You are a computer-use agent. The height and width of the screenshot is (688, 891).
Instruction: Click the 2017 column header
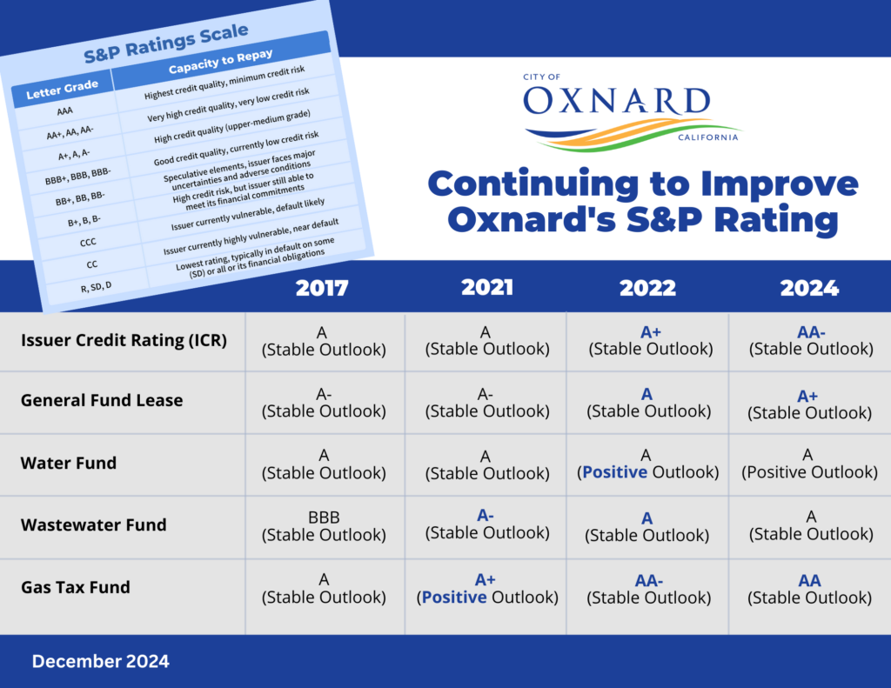tap(322, 288)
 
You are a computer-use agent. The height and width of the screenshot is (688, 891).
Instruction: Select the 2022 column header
tap(647, 288)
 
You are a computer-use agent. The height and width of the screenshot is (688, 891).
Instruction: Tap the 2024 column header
tap(809, 288)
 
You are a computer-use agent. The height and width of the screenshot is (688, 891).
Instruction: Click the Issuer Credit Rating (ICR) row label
tap(124, 340)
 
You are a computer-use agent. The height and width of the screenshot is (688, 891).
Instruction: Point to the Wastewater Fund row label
tap(94, 525)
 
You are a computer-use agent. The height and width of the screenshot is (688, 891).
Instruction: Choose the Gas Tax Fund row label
tap(76, 587)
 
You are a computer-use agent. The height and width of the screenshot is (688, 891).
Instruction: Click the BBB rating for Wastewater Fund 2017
tap(324, 518)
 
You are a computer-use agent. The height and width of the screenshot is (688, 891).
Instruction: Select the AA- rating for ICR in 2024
tap(811, 332)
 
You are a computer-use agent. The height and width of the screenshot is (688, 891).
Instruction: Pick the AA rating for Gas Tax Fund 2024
tap(810, 581)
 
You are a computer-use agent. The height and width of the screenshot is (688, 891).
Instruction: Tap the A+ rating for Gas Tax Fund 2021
tap(486, 580)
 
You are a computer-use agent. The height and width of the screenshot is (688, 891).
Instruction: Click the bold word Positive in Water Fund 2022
tap(615, 472)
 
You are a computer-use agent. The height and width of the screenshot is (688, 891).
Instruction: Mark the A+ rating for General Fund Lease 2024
tap(807, 396)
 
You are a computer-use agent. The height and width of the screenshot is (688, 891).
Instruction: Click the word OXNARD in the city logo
tap(617, 101)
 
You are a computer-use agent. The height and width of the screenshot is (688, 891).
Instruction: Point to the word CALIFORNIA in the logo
tap(708, 137)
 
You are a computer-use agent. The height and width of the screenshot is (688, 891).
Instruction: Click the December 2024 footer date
tap(101, 661)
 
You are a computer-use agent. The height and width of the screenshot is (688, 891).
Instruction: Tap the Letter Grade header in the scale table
tap(63, 90)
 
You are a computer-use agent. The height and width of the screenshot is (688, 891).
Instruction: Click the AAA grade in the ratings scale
tap(64, 111)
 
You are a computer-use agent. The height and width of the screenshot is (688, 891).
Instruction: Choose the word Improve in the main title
tap(780, 184)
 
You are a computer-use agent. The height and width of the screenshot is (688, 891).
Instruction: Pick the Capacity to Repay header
tap(220, 62)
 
